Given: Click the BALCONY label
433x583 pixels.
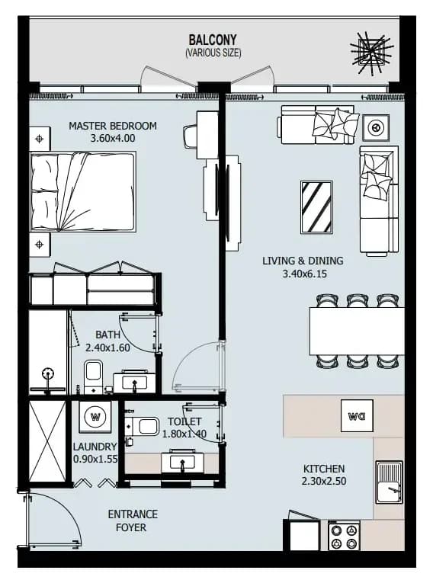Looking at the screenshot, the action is point(213,40).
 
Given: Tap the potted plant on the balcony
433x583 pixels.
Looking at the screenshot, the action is point(371,53).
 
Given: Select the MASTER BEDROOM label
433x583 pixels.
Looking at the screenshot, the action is point(113,126).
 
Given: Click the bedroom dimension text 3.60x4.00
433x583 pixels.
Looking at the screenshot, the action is point(113,138).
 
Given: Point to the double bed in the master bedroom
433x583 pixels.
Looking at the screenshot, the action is point(82,191).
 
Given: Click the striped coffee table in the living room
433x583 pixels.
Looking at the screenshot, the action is point(316,207).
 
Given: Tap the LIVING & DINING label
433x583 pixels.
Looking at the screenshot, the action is point(303,261).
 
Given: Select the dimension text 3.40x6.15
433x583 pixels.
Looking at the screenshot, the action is point(305,274).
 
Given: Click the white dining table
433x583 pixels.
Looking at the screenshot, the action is point(357,331).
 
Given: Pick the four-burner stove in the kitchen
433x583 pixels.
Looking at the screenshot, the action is point(344,536).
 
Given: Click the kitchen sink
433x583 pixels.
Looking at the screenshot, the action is point(389,482).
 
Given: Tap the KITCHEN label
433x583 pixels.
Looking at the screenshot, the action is point(324,469).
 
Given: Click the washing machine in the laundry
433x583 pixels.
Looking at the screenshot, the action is point(95,416).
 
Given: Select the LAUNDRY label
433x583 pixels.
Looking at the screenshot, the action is point(95,447).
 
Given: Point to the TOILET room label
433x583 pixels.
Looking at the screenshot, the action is point(184,421).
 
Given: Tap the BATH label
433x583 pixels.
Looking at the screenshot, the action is point(108,335).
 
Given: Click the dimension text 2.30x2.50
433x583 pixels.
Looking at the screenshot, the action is point(324,481).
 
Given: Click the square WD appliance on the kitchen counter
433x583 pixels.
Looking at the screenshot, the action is point(357,415).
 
